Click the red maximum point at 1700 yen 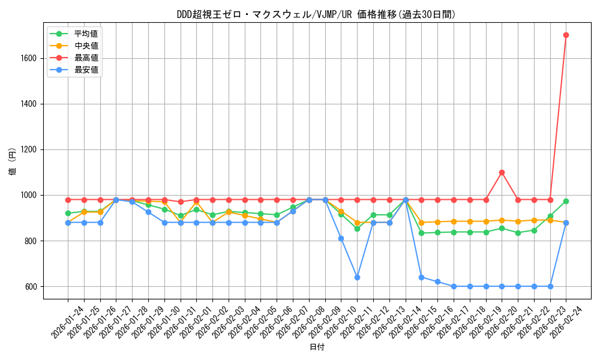(x=566, y=35)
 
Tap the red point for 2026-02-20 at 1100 (x=502, y=172)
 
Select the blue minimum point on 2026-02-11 (x=357, y=277)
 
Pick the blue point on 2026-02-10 (x=341, y=238)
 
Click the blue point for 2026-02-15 (x=421, y=277)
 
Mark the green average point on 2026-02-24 (x=566, y=201)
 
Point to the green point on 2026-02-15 (x=421, y=233)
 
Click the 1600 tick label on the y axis (x=29, y=58)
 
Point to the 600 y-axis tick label (x=31, y=286)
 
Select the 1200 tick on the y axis (x=29, y=149)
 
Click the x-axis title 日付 (x=317, y=347)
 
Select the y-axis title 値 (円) (x=12, y=163)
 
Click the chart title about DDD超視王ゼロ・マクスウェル (x=317, y=14)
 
